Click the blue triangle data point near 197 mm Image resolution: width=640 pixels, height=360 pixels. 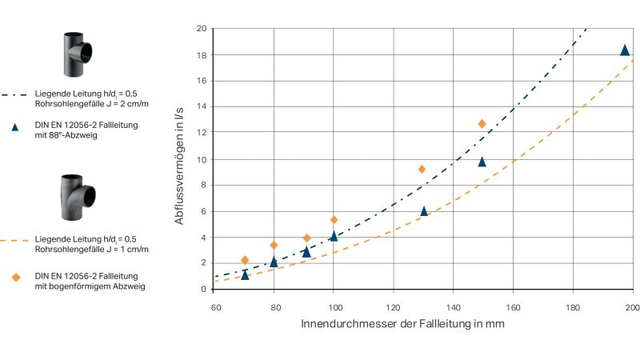pyautogui.click(x=625, y=50)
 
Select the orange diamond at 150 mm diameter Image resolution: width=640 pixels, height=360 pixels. pyautogui.click(x=482, y=124)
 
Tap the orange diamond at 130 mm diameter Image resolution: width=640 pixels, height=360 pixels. pyautogui.click(x=422, y=169)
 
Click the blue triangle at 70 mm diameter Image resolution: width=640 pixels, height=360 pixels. pyautogui.click(x=245, y=274)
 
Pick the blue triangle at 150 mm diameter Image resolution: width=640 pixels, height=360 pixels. pyautogui.click(x=482, y=162)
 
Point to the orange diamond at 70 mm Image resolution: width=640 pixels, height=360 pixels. pyautogui.click(x=245, y=260)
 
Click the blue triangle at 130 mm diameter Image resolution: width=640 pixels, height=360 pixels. pyautogui.click(x=424, y=211)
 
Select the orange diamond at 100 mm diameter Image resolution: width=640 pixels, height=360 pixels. pyautogui.click(x=334, y=220)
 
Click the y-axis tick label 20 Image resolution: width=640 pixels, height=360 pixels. pyautogui.click(x=201, y=29)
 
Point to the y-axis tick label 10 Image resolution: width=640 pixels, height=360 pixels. pyautogui.click(x=201, y=159)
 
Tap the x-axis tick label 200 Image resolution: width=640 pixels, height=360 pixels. pyautogui.click(x=632, y=306)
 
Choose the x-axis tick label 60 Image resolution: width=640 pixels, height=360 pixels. pyautogui.click(x=214, y=306)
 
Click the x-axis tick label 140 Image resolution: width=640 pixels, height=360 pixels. pyautogui.click(x=453, y=306)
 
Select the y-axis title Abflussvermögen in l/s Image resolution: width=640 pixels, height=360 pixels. pyautogui.click(x=180, y=158)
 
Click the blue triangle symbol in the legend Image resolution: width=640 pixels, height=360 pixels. pyautogui.click(x=14, y=126)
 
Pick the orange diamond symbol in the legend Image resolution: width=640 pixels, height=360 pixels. pyautogui.click(x=14, y=278)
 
